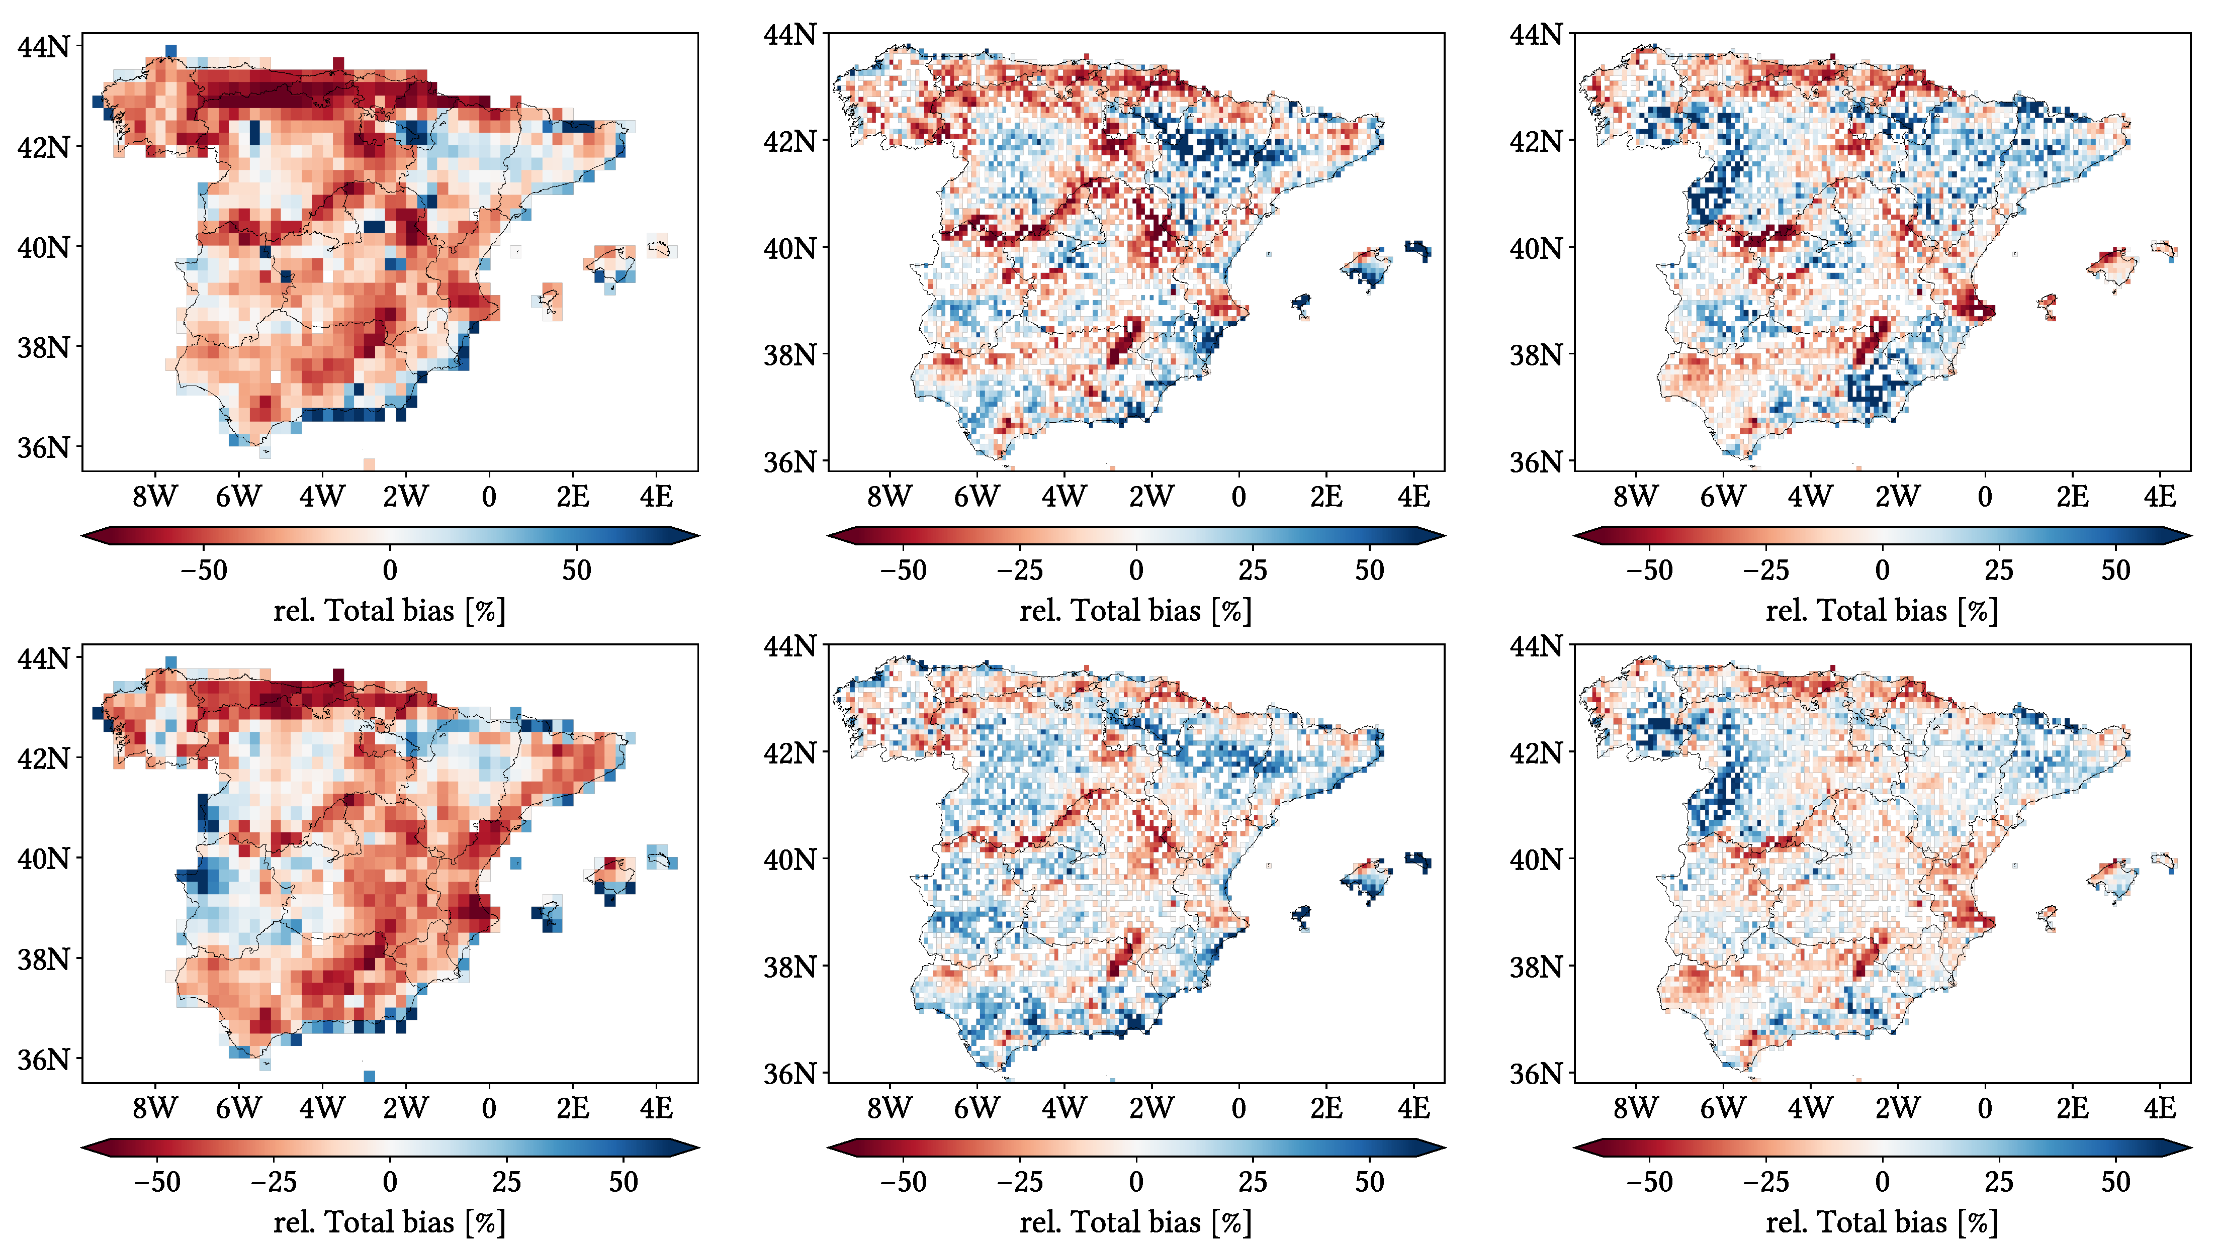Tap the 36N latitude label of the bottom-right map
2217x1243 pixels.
point(1535,1074)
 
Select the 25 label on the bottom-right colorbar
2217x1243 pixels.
point(1999,1181)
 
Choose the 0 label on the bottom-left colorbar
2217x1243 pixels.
point(390,1181)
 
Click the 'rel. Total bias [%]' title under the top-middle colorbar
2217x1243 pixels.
point(1135,611)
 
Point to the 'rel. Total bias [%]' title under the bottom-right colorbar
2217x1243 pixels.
point(1881,1222)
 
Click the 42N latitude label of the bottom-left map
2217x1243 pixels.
point(43,758)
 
